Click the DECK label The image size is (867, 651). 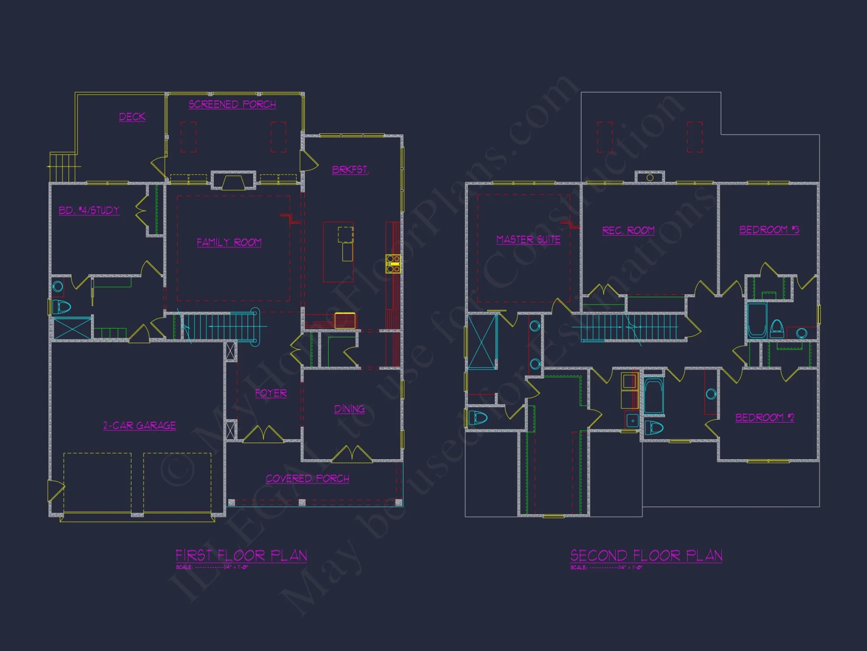tap(132, 117)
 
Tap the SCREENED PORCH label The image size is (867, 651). tap(232, 104)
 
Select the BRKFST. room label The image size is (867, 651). tap(350, 170)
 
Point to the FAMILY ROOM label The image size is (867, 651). tap(229, 242)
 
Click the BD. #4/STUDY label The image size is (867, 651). tap(89, 210)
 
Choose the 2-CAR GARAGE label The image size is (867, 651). tap(140, 425)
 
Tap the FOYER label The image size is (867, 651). tap(271, 393)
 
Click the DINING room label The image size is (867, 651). tap(349, 409)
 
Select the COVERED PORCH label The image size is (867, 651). tap(307, 478)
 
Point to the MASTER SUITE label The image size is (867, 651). tap(528, 240)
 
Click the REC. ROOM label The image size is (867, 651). tap(628, 230)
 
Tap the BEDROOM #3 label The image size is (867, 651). tap(769, 230)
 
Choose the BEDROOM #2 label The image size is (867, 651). tap(765, 418)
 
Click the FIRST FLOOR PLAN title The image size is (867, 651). tap(241, 556)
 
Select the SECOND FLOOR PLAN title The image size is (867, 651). tap(646, 556)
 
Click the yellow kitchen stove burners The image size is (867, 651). tap(393, 264)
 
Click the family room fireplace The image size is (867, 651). tap(233, 181)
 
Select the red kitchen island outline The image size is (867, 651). tap(338, 252)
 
